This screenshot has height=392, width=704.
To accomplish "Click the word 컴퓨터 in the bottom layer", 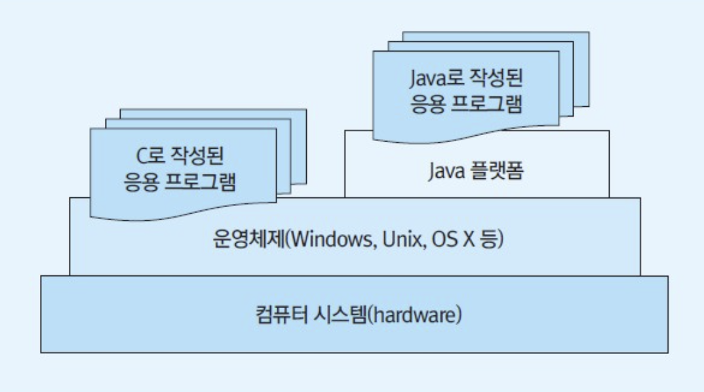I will click(279, 315).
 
